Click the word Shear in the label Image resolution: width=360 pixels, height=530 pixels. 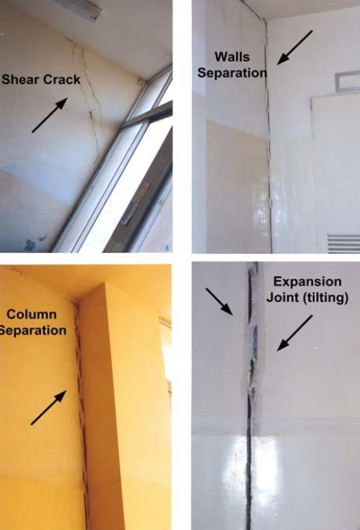pos(19,79)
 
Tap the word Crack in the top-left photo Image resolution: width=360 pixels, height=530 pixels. pos(60,79)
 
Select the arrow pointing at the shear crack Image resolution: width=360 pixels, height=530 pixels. pos(49,115)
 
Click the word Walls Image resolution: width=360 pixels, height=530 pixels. pos(232,57)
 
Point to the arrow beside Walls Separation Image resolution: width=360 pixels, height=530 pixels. pos(295,47)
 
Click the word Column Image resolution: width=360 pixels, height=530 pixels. pos(31,314)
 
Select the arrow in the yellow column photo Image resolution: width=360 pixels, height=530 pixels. pos(49,408)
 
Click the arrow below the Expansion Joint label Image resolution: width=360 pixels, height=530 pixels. pos(295,333)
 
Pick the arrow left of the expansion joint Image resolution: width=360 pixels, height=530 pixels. pos(219,302)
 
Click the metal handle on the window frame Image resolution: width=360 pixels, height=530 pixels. pos(134,204)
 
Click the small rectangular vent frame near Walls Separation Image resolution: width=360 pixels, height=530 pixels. pos(347,81)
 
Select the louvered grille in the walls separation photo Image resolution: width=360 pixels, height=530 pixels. pos(344,243)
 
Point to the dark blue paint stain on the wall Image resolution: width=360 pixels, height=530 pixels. pos(31,244)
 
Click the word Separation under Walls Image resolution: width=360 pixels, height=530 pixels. pos(232,72)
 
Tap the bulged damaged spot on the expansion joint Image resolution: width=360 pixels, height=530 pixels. pos(252,384)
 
